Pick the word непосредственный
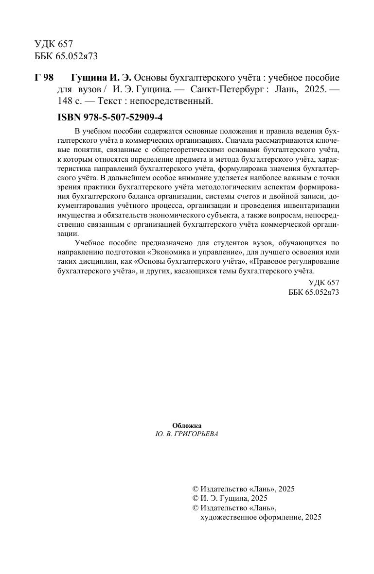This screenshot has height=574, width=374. click(x=177, y=101)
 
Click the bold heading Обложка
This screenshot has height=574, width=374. click(x=187, y=425)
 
